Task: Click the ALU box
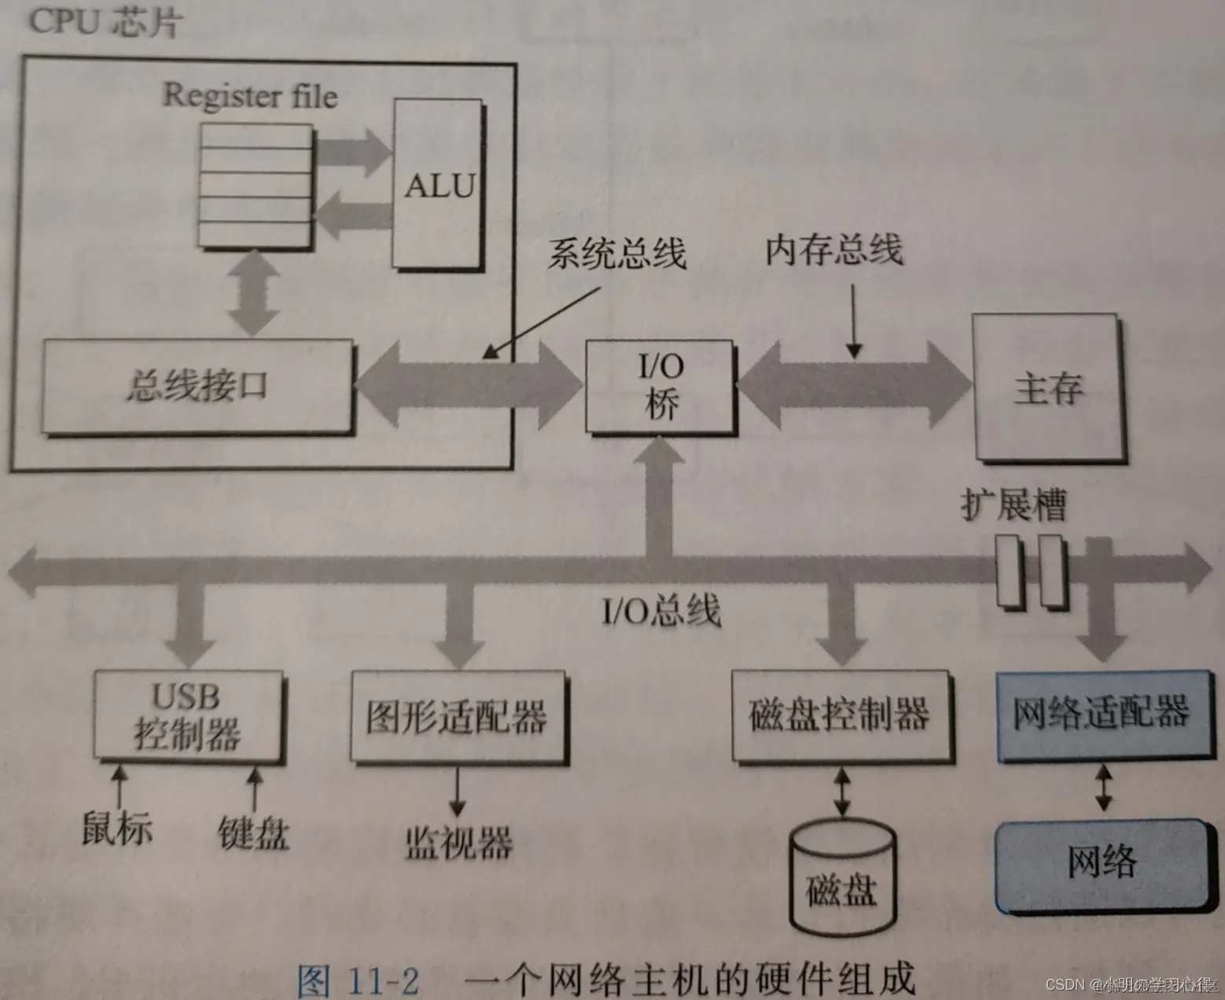[438, 185]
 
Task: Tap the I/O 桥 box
[660, 386]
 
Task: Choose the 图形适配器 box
[457, 715]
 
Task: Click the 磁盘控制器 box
[841, 715]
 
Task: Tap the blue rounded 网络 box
[1102, 863]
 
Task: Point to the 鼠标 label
[116, 828]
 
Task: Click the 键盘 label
[253, 832]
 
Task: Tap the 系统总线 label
[616, 253]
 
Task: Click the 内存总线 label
[834, 250]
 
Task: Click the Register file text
[250, 95]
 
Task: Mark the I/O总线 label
[660, 609]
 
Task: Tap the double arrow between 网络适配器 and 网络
[1103, 790]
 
